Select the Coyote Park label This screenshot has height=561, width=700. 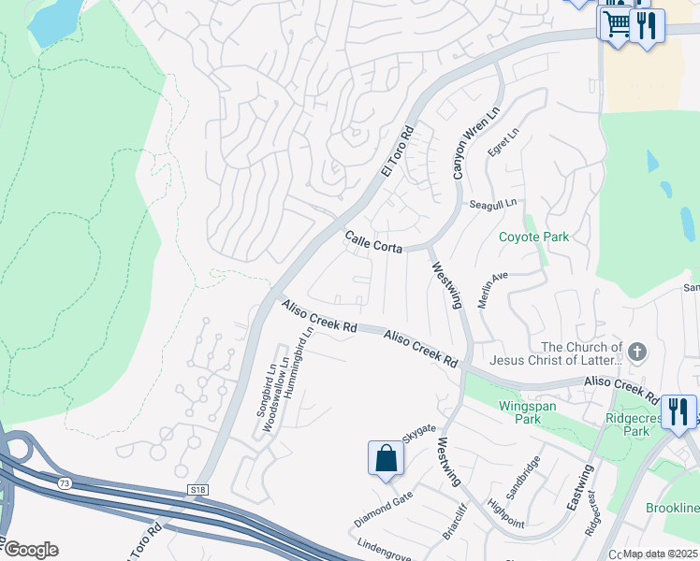click(532, 237)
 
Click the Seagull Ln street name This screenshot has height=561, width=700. click(492, 203)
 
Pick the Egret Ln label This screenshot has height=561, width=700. click(502, 143)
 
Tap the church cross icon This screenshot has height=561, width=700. click(637, 352)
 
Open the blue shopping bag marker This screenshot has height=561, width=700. click(386, 458)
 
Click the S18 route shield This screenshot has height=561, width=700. click(197, 489)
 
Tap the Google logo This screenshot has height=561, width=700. click(31, 550)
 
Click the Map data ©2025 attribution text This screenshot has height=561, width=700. click(660, 554)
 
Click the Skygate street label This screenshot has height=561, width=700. click(419, 432)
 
